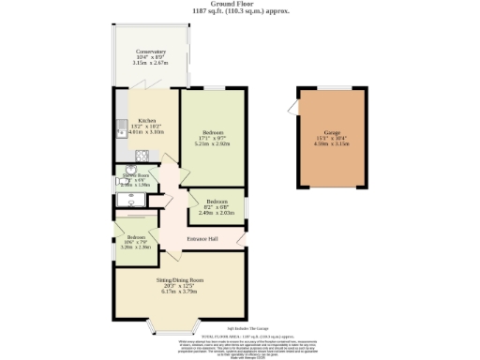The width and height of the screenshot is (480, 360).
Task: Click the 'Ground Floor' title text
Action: [x=240, y=4]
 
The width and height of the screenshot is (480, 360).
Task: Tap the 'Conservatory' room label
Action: [x=150, y=52]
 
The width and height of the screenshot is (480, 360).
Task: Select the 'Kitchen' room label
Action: [x=147, y=121]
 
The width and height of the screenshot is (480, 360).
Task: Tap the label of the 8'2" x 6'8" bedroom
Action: [x=217, y=202]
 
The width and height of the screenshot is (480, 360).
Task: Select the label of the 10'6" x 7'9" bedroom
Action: [x=136, y=237]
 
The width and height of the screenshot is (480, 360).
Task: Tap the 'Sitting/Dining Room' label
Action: [x=179, y=280]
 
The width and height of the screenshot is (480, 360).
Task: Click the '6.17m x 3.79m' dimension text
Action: [x=179, y=292]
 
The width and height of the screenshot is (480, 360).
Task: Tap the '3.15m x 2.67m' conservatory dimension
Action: [x=150, y=64]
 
